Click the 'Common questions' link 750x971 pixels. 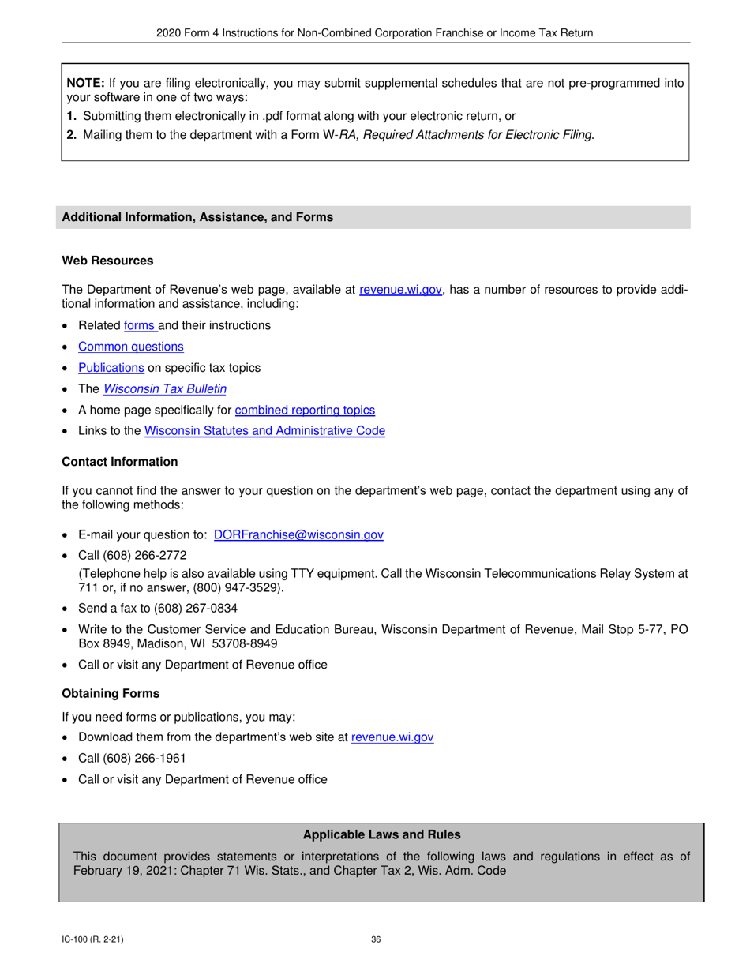pos(131,347)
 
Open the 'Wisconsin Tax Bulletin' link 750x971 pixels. pos(165,389)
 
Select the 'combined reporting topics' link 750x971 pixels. pos(305,411)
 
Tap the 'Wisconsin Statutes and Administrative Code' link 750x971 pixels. pos(264,431)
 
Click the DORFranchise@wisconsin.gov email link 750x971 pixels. pos(298,535)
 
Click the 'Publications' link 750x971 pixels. pos(111,368)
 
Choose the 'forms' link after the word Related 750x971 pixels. pos(140,325)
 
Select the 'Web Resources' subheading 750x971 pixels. pos(107,261)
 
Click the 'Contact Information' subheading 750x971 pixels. pos(120,462)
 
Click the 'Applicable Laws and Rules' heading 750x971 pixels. pos(381,834)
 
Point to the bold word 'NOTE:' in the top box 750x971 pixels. pos(84,83)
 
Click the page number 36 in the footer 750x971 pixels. pos(376,939)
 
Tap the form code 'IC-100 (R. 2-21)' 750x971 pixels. pos(92,939)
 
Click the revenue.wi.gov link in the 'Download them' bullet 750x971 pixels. pos(392,737)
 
